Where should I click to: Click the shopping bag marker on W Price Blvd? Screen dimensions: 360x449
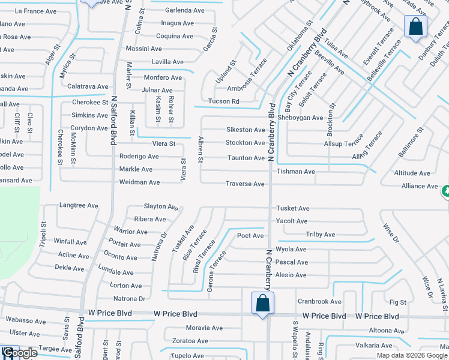(262, 302)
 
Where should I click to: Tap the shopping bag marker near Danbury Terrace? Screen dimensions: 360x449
(415, 27)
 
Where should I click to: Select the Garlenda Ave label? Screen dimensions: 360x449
(185, 10)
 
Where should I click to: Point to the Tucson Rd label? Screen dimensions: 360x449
(223, 101)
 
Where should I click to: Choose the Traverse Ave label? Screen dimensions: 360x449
(245, 184)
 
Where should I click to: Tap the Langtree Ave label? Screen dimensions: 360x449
(79, 205)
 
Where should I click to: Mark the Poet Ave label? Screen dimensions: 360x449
(250, 236)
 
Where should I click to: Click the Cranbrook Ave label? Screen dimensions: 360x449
(319, 301)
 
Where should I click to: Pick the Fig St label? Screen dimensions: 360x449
(398, 302)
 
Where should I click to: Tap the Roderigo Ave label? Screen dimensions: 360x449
(139, 157)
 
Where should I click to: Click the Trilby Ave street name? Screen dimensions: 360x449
(321, 235)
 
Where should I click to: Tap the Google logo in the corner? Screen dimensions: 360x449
(19, 353)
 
